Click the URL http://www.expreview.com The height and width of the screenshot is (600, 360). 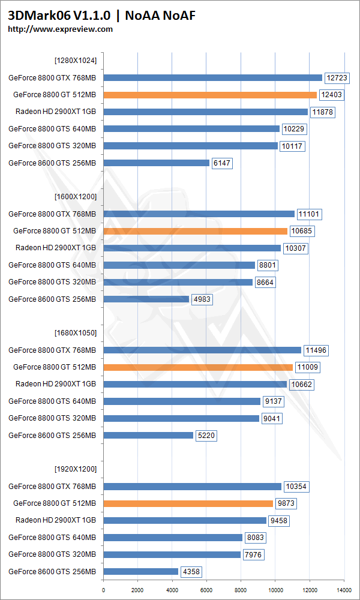pyautogui.click(x=60, y=29)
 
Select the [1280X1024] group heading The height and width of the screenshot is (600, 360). pyautogui.click(x=76, y=60)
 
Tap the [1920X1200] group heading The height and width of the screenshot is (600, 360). pyautogui.click(x=76, y=469)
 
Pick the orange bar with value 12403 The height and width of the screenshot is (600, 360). pyautogui.click(x=210, y=95)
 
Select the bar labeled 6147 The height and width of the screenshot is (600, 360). pyautogui.click(x=157, y=163)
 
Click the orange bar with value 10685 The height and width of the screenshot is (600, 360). pyautogui.click(x=196, y=231)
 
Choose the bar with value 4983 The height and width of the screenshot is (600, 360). pyautogui.click(x=146, y=299)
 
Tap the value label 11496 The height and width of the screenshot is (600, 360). pyautogui.click(x=316, y=350)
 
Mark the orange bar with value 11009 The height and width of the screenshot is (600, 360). pyautogui.click(x=198, y=367)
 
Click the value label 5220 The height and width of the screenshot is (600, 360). pyautogui.click(x=205, y=436)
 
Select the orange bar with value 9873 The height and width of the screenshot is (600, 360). pyautogui.click(x=188, y=503)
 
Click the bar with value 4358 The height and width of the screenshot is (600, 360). pyautogui.click(x=141, y=572)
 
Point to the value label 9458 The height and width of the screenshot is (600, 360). pyautogui.click(x=278, y=521)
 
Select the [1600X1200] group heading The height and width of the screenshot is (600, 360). pyautogui.click(x=76, y=196)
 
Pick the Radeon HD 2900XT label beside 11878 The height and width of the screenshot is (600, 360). pyautogui.click(x=56, y=112)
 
